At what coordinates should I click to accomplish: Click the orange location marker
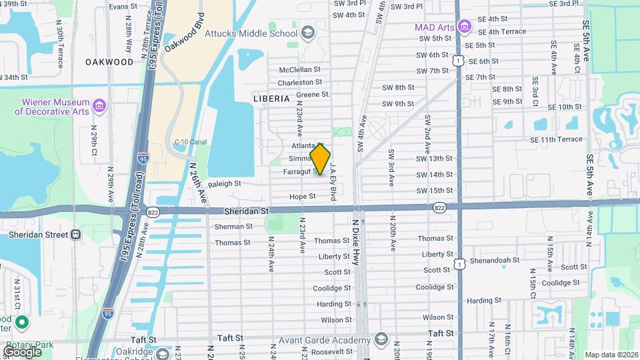321,159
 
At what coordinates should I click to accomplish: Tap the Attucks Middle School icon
308,33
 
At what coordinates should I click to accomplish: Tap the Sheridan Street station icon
77,234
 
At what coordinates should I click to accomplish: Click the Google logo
22,351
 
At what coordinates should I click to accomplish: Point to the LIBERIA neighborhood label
271,98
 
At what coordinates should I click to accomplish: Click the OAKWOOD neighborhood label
109,61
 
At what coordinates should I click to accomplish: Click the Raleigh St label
223,183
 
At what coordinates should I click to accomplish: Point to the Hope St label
302,197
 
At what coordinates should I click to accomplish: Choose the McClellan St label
299,69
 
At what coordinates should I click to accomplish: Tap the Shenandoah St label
494,260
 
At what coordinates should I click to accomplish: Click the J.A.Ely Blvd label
332,184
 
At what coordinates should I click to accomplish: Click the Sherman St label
233,226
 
